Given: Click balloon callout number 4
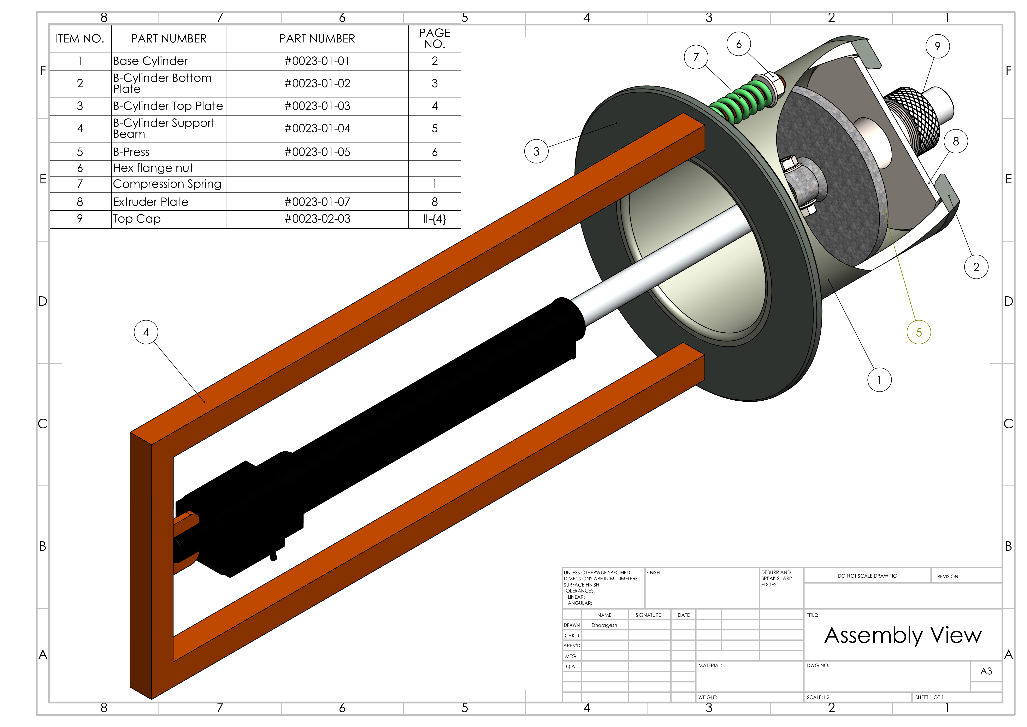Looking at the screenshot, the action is point(146,332).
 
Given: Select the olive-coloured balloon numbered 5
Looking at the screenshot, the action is point(919,332).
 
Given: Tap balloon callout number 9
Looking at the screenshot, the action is point(938,46).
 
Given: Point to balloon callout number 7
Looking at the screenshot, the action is point(696,57).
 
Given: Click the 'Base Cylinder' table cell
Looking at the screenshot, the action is point(150,61).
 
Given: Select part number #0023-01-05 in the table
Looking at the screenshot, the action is point(317,152).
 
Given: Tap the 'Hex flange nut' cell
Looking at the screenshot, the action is point(153,168).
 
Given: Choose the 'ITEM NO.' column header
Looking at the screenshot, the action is point(80,39).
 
